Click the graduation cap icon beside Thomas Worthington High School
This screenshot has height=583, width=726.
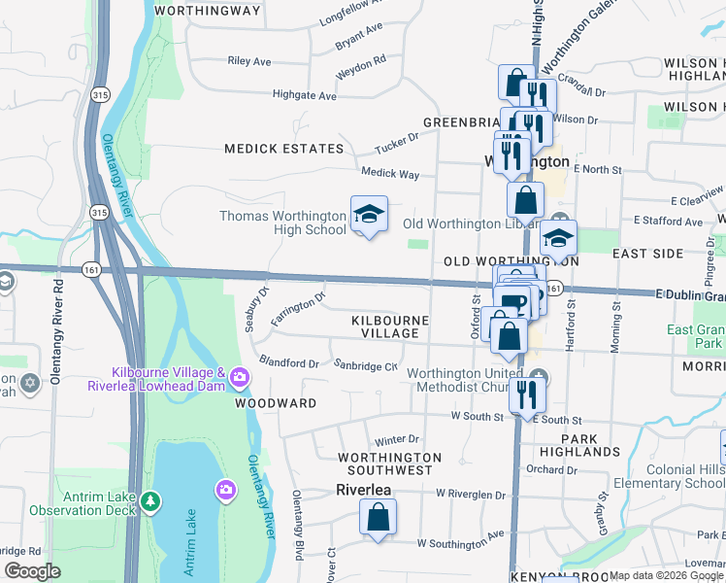point(369,215)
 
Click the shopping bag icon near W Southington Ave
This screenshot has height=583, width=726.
point(378,517)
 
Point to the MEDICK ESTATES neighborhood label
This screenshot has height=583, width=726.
point(284,149)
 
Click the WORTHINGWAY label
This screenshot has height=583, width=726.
point(208,11)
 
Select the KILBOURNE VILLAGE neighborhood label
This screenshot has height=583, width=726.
point(385,326)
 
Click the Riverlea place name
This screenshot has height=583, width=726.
point(363,490)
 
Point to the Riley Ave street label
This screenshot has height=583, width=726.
point(248,61)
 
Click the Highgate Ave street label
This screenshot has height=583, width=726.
point(305,96)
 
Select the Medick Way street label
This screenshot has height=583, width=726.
point(389,174)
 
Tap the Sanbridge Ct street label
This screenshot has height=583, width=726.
point(366,366)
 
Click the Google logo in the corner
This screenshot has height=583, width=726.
point(32,571)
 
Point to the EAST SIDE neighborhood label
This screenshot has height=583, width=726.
point(648,253)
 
